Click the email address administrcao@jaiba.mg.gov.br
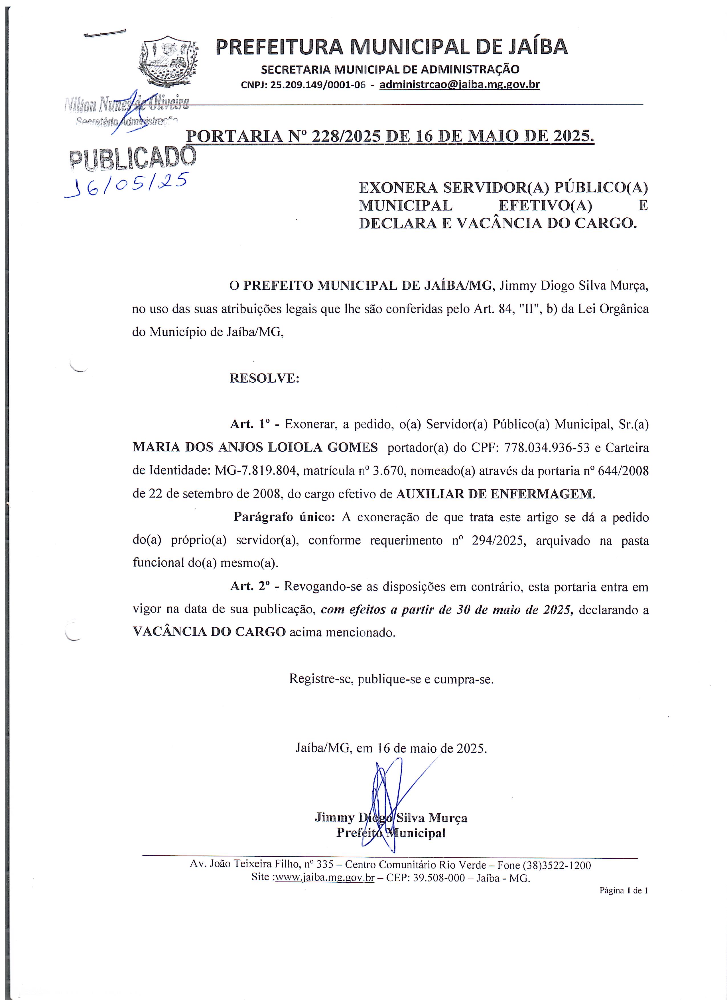(459, 85)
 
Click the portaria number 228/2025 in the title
(346, 137)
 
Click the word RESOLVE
(264, 378)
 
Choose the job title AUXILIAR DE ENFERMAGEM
(496, 494)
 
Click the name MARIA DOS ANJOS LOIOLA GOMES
(255, 448)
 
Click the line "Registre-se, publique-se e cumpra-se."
(391, 679)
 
